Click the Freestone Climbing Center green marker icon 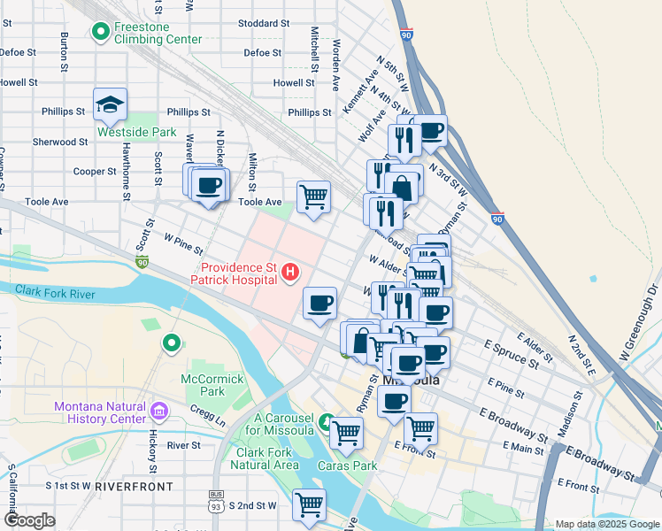tap(101, 33)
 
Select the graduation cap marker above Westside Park tap(110, 105)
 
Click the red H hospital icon tap(289, 276)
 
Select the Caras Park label tap(359, 465)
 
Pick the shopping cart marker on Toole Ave tap(313, 197)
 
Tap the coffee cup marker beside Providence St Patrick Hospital tap(319, 304)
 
